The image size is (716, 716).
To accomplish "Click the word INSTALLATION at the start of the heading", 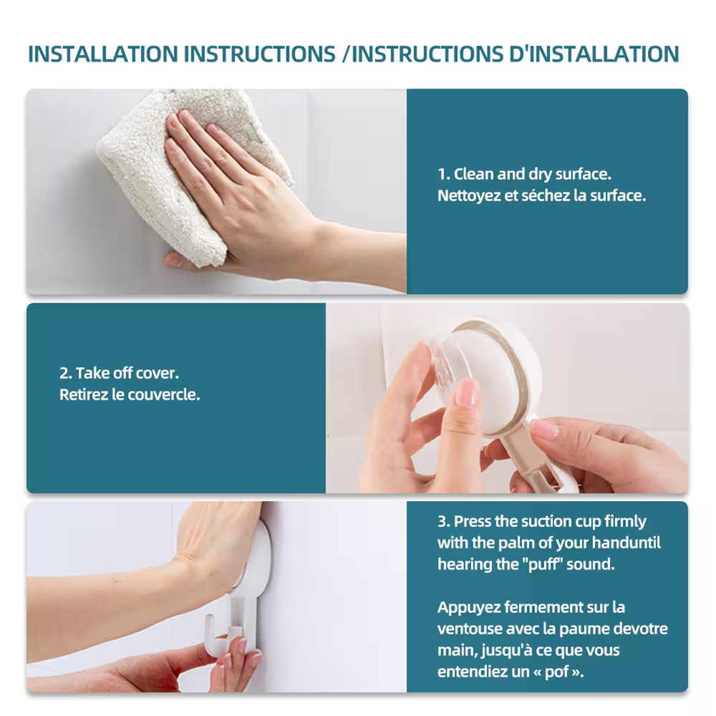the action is point(102,54).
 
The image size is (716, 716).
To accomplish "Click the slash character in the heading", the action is point(346,54).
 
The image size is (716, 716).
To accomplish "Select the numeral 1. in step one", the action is point(444,175).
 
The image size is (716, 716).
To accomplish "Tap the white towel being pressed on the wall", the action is point(183,169).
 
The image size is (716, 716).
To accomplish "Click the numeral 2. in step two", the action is point(66,374).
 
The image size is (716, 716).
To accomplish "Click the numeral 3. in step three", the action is point(444,521).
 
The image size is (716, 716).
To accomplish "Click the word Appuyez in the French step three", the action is point(468,608).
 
